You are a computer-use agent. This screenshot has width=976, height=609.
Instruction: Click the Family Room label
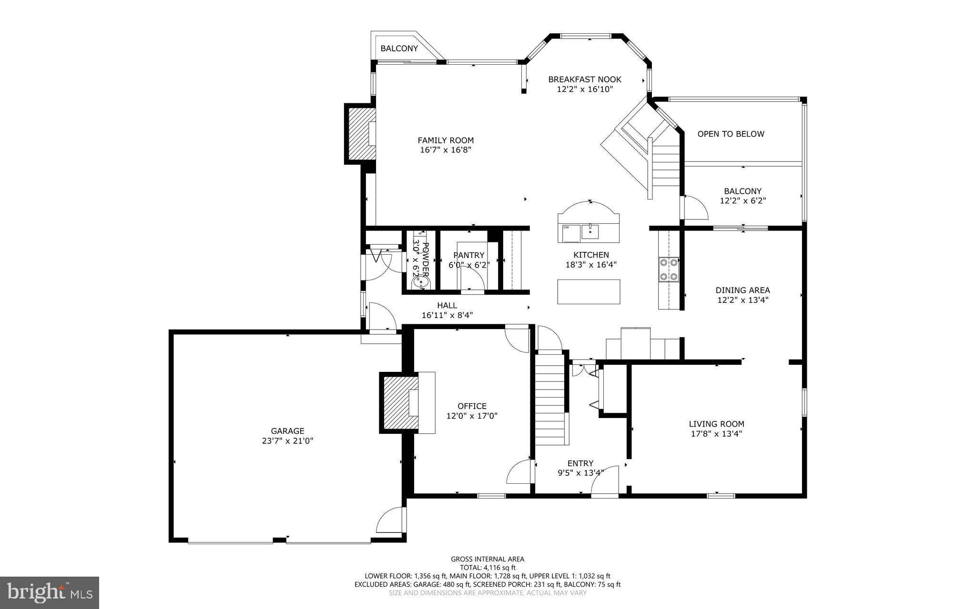tap(446, 140)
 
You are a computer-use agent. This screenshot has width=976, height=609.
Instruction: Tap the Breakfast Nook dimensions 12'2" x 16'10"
tap(584, 89)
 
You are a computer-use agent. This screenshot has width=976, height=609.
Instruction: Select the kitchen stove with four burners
tap(669, 270)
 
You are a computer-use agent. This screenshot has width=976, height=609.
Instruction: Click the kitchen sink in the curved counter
tap(590, 232)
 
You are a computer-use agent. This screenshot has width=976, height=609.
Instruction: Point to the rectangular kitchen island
tap(589, 292)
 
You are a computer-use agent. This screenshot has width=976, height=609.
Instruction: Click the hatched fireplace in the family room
tap(360, 134)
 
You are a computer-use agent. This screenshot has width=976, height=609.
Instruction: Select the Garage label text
tap(287, 431)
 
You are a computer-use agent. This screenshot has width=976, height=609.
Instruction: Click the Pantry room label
tap(469, 255)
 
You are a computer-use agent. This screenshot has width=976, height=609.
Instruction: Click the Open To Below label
tap(731, 134)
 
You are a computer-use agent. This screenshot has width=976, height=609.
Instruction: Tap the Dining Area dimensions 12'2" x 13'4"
tap(742, 300)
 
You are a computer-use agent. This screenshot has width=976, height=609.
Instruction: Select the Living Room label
tap(716, 424)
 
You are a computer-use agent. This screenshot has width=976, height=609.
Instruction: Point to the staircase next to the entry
tap(550, 398)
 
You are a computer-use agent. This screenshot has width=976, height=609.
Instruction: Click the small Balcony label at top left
tap(399, 49)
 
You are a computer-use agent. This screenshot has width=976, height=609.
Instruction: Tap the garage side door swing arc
tap(390, 520)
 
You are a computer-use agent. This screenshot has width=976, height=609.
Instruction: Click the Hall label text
tap(447, 306)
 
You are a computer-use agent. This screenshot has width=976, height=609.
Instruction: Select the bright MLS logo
tap(50, 592)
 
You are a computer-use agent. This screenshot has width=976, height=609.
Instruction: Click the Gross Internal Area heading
tap(488, 559)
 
